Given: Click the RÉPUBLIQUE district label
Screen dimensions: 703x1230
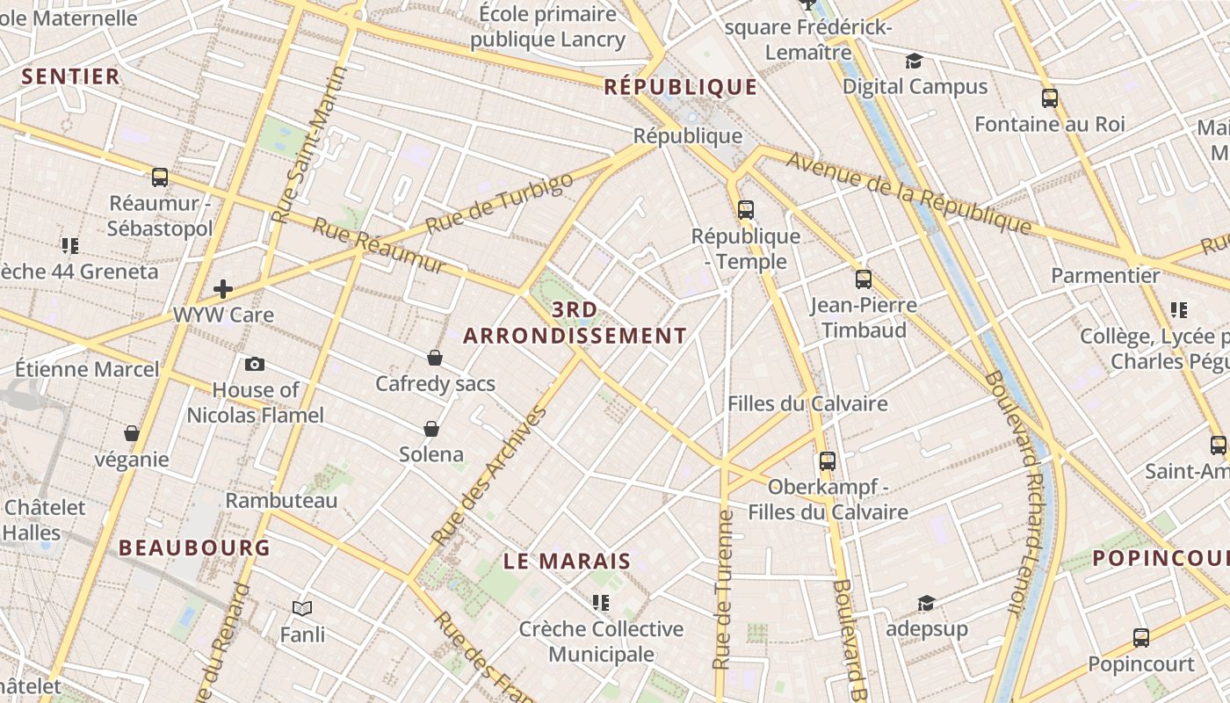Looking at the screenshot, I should click(x=681, y=86).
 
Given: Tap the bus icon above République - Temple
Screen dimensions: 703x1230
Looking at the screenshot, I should click(x=746, y=209).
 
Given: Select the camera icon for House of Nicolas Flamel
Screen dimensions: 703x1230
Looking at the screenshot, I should click(x=255, y=364).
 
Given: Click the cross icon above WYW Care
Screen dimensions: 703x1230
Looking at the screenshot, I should click(x=223, y=288).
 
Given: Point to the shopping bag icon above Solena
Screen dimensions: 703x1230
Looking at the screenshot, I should click(x=431, y=429).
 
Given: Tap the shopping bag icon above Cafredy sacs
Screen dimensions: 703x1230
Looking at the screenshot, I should click(x=434, y=358).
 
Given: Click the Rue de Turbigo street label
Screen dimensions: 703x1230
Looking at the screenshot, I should click(x=499, y=203).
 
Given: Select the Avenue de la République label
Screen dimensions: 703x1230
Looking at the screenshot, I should click(x=908, y=193).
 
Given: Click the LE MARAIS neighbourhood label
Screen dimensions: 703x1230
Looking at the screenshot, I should click(x=568, y=561).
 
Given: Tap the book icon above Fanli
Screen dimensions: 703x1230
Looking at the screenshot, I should click(x=302, y=608).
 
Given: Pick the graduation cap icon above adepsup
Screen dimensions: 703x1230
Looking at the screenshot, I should click(x=926, y=603).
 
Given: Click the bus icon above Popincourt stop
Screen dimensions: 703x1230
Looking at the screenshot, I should click(x=1140, y=638).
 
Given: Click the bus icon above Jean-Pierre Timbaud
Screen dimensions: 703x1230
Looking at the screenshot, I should click(x=864, y=279).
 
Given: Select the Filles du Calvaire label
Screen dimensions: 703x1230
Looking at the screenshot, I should click(x=807, y=403).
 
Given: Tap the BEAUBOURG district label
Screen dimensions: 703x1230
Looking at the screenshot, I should click(x=194, y=547).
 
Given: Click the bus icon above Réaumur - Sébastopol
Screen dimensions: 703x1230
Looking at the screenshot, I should click(x=160, y=178).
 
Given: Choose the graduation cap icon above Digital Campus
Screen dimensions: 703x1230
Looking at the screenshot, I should click(x=914, y=61).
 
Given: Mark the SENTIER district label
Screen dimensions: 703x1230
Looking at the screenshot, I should click(x=70, y=76).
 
